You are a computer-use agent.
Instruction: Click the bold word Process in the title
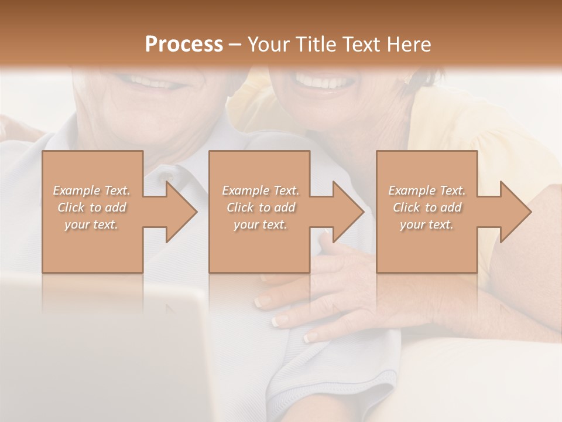(x=184, y=45)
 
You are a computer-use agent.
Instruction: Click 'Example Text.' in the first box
(x=91, y=190)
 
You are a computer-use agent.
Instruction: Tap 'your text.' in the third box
(x=427, y=224)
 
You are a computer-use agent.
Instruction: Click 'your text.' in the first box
(x=91, y=224)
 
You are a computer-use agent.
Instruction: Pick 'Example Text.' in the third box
(x=427, y=190)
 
